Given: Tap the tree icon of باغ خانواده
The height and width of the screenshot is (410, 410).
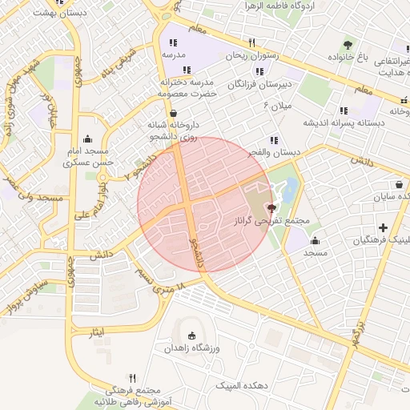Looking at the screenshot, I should coord(348,44).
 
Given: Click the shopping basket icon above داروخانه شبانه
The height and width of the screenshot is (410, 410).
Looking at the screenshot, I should coord(174,113).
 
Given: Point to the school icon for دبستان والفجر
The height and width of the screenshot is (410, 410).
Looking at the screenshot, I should coord(274,140).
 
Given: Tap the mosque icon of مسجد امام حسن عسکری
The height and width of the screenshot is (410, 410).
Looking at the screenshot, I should coord(86,139).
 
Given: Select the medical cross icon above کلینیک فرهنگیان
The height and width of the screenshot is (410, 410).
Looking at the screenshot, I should coord(383,227).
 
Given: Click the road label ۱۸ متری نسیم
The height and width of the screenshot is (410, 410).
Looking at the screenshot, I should coord(160,280).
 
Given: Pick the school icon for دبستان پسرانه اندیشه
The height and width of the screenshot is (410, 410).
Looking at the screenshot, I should coord(344,111).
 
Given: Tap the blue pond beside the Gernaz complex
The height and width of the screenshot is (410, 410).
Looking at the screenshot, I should coord(289,190).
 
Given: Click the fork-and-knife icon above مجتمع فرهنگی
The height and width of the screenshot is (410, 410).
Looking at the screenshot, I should coord(133,377).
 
